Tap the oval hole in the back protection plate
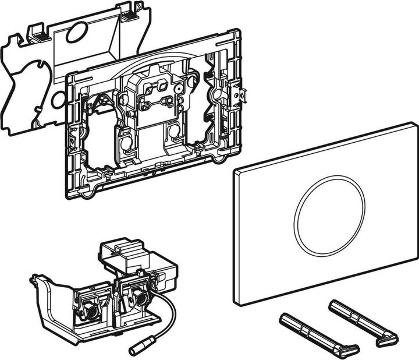74,34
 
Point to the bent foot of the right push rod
386,339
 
